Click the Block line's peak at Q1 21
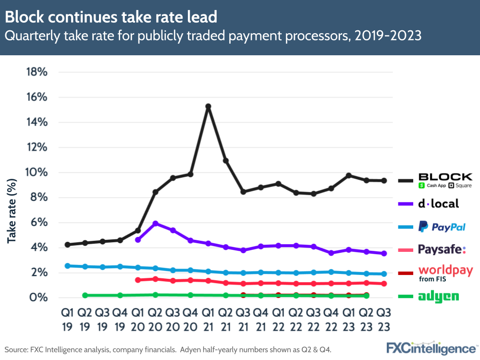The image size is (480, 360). (x=208, y=106)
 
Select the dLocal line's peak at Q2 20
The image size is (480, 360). (x=155, y=223)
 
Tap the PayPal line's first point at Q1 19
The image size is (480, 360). (x=67, y=265)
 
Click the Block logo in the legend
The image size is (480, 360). (x=445, y=180)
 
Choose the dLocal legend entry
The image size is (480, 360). (x=438, y=204)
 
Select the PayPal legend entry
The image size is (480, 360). (x=442, y=226)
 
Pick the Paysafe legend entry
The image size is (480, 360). (x=442, y=249)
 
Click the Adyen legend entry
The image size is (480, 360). (x=438, y=297)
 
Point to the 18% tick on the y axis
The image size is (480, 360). (x=36, y=72)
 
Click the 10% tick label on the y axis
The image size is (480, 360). (x=36, y=172)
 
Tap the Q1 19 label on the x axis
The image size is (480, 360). (x=67, y=319)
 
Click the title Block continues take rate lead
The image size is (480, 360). (x=111, y=18)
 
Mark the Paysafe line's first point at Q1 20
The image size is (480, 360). (x=138, y=280)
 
